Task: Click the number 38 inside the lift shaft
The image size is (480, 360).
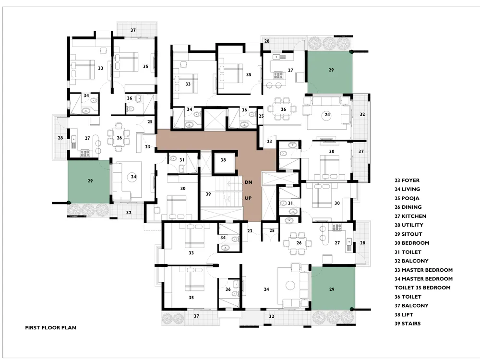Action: coord(223,160)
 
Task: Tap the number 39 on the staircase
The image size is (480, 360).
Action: coord(208,194)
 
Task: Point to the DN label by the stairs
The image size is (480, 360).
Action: coord(248,182)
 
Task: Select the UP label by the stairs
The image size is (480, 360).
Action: coord(248,198)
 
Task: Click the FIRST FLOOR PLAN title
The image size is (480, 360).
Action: coord(50,327)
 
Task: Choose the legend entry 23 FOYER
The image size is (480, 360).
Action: coord(407,180)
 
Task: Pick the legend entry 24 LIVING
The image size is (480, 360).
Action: coord(407,189)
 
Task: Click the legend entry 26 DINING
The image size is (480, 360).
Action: coord(408,207)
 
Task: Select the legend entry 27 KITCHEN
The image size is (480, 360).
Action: coord(410,216)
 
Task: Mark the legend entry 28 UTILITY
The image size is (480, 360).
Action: coord(408,225)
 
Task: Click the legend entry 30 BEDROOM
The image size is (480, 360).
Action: coord(412,243)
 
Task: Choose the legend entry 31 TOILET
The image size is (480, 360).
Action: coord(408,252)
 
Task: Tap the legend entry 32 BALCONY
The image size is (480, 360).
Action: coord(411,261)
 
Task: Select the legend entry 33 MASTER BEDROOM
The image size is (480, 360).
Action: coord(424,270)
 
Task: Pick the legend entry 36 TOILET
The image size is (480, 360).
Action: coord(408,297)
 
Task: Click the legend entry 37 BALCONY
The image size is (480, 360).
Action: coord(411,306)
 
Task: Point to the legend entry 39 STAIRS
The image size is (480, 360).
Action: coord(408,324)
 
